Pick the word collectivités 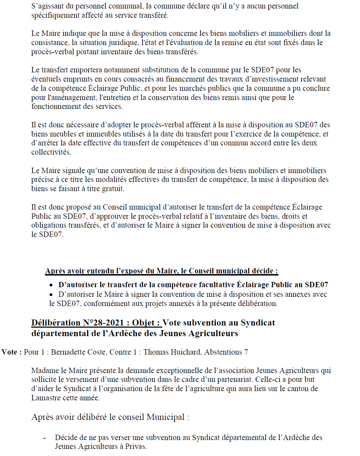click(x=51, y=152)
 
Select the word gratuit click(x=112, y=189)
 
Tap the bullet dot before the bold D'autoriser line click(x=51, y=285)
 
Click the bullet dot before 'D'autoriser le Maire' click(x=51, y=295)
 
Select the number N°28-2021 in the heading click(x=103, y=323)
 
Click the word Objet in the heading click(x=146, y=323)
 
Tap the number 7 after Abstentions click(x=246, y=352)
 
